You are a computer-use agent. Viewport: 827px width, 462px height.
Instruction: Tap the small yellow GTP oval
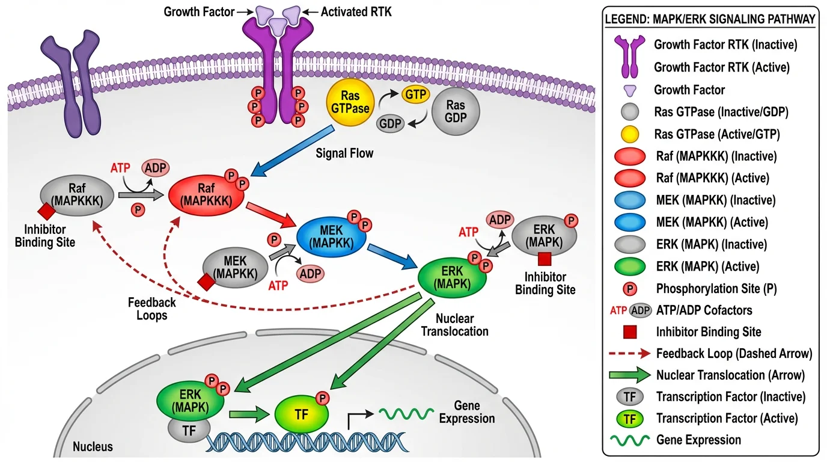(413, 95)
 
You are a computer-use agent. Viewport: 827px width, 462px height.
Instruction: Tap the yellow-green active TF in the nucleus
(301, 414)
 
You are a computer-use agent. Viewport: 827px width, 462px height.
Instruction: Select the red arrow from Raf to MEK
(273, 216)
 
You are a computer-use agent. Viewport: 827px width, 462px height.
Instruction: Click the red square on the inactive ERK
(545, 259)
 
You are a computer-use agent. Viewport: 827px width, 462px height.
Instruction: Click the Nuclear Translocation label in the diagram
(462, 324)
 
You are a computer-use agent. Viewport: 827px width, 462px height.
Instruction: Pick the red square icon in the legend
(630, 331)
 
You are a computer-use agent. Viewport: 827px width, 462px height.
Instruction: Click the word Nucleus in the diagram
(93, 447)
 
